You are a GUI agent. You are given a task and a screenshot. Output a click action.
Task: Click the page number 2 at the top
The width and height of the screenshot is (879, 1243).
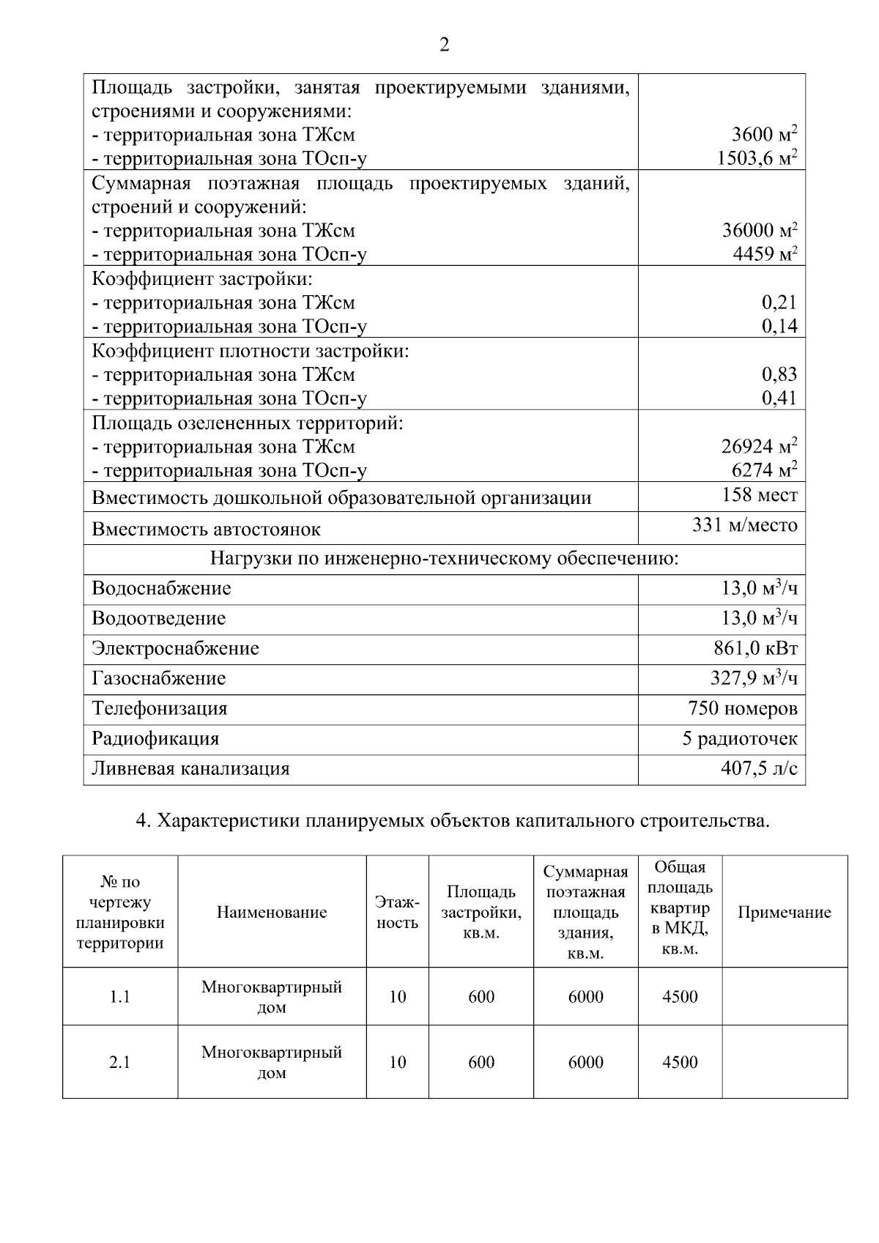(444, 45)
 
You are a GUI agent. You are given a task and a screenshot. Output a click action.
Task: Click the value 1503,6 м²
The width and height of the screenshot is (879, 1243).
(757, 158)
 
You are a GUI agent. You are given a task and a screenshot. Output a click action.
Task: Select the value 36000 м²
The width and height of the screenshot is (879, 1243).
(760, 231)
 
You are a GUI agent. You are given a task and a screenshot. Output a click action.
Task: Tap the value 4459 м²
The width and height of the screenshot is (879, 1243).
(765, 254)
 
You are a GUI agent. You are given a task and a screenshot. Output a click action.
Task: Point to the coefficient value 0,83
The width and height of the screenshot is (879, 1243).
(779, 375)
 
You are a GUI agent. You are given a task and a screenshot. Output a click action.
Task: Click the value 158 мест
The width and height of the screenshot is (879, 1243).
(760, 496)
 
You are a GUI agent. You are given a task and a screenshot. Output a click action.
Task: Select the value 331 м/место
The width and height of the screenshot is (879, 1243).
(745, 526)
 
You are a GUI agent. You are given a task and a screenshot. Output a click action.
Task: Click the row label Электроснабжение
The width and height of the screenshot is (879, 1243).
(175, 649)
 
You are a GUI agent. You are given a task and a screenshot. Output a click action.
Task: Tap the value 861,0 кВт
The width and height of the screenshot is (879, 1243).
(755, 649)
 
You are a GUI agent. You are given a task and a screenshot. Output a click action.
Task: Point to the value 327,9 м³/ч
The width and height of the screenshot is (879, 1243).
(754, 679)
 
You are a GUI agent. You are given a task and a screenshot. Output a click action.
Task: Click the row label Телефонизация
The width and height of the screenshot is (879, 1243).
(160, 709)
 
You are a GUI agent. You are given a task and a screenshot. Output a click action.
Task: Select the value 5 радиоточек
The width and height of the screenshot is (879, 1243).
(740, 739)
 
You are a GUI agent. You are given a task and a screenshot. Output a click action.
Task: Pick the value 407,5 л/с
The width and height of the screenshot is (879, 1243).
(759, 769)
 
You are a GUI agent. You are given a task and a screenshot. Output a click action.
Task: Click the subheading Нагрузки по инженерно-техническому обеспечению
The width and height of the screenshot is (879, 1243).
(444, 560)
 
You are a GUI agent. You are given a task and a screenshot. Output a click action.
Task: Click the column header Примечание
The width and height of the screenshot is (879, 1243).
(784, 913)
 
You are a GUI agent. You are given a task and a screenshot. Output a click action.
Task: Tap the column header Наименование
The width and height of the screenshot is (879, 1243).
(272, 913)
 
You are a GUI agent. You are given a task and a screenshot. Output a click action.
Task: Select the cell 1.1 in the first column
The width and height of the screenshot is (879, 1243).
(119, 997)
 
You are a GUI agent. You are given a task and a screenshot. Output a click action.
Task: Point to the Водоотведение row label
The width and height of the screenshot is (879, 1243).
(158, 619)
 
